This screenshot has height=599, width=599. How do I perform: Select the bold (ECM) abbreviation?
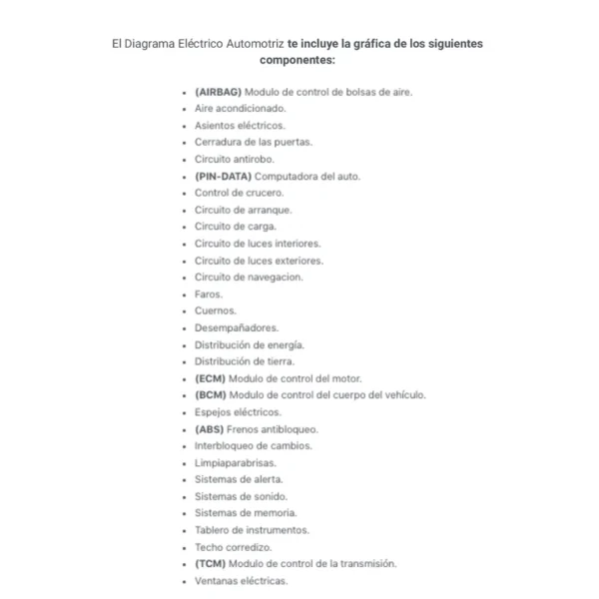tap(210, 378)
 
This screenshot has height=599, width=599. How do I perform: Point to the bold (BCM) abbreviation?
tap(210, 395)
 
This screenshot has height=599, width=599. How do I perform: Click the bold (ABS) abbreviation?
tap(209, 429)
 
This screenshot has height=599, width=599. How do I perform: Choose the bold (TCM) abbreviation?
tap(210, 564)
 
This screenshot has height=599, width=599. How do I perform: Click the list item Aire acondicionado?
tap(240, 108)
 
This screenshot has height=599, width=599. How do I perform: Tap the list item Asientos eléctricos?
tap(240, 125)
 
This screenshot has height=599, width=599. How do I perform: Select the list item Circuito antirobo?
tap(234, 159)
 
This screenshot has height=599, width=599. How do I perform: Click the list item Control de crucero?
tap(239, 193)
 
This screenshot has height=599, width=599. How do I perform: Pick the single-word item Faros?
tap(209, 295)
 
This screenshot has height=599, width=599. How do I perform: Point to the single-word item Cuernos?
tap(214, 310)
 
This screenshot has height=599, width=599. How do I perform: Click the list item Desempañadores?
tap(237, 327)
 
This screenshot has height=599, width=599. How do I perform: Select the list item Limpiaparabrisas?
tap(236, 463)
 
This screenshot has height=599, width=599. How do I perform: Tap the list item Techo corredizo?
tap(233, 547)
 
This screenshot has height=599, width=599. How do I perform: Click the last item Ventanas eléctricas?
tap(241, 581)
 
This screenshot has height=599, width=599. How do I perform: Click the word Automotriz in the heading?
tap(239, 44)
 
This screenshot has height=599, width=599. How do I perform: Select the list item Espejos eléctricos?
tap(238, 412)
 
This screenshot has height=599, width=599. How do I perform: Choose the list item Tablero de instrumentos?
tap(252, 530)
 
